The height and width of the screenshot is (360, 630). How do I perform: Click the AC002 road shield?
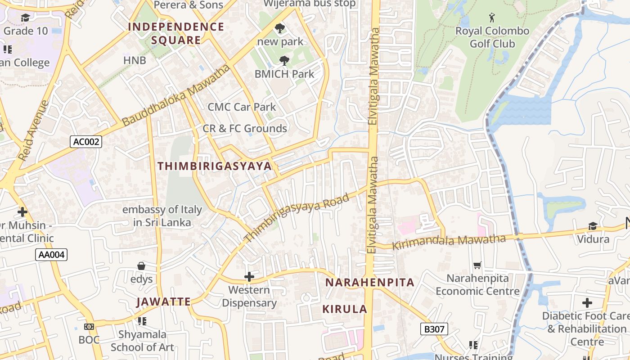[86, 142]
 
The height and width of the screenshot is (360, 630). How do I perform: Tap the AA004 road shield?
[51, 255]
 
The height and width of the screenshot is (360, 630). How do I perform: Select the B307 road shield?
[434, 329]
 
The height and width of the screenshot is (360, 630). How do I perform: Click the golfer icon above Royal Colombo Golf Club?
[492, 18]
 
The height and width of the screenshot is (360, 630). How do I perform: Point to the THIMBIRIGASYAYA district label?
[215, 166]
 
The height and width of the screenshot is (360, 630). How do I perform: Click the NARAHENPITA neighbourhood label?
[369, 283]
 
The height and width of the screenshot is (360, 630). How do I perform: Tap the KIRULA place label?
[345, 309]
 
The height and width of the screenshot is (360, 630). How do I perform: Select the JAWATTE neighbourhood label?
[164, 301]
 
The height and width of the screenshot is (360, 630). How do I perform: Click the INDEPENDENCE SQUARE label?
[176, 33]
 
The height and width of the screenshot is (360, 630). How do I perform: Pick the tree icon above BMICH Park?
[284, 60]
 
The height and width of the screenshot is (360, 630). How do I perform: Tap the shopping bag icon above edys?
[141, 266]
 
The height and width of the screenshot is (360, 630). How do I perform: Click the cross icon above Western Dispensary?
[249, 276]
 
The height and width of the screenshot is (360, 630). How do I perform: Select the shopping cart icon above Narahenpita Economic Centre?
[477, 265]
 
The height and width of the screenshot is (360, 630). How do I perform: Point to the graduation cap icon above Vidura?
[593, 226]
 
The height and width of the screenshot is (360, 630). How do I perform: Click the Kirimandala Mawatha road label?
[449, 242]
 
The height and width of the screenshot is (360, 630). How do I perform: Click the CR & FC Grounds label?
[245, 129]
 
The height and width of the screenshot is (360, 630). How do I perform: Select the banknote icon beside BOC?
[89, 326]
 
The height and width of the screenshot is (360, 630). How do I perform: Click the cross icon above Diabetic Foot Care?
[587, 302]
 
